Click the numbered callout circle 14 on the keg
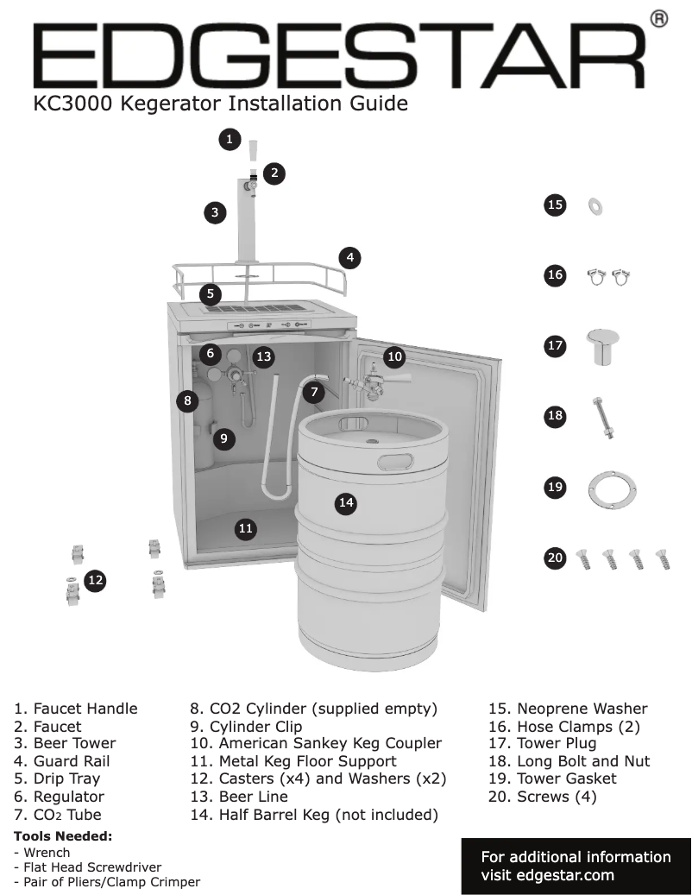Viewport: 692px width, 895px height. (346, 502)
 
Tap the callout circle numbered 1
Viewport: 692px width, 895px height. (229, 139)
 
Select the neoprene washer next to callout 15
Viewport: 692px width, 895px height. (595, 205)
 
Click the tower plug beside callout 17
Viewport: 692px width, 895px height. (598, 346)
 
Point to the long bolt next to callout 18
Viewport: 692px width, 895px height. (601, 417)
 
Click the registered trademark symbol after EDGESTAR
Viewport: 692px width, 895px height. (658, 19)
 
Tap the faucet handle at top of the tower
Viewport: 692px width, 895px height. (252, 151)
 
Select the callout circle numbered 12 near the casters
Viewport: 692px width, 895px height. (95, 582)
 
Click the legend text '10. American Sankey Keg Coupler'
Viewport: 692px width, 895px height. (315, 743)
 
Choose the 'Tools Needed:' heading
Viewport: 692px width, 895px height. (63, 835)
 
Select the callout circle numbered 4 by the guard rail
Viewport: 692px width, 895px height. (349, 256)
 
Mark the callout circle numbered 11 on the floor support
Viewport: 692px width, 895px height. (246, 528)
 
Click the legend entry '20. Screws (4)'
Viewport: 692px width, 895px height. (542, 797)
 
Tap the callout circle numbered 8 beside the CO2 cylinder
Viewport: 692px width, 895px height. (186, 400)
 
